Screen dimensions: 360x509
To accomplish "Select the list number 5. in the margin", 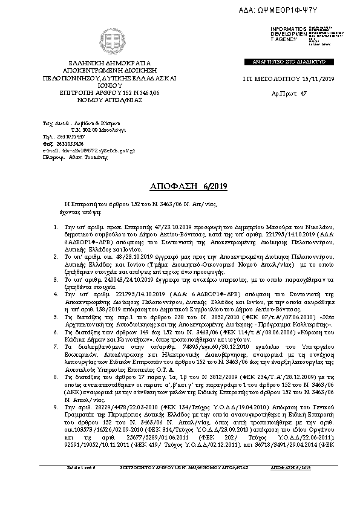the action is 56,317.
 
